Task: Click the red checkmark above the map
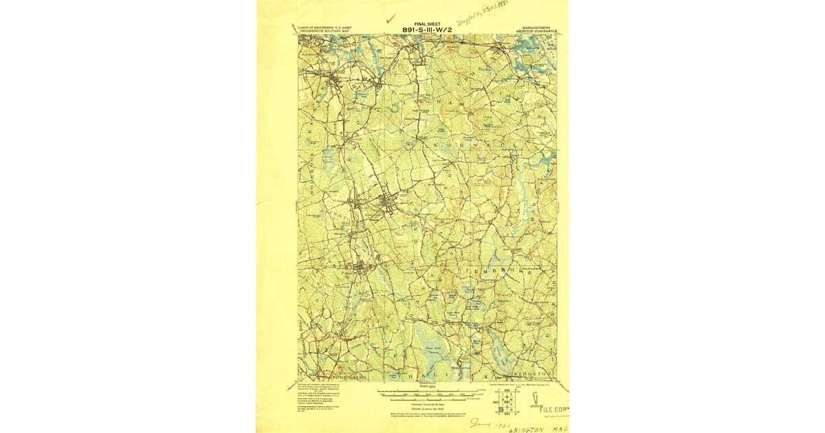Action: point(392,19)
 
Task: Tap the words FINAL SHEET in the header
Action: point(428,23)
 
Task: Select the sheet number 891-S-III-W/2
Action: point(428,30)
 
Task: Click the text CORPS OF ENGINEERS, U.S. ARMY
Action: point(322,28)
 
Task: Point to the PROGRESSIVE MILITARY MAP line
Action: point(322,32)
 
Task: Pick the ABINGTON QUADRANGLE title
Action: point(534,32)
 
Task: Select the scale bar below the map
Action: point(426,395)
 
